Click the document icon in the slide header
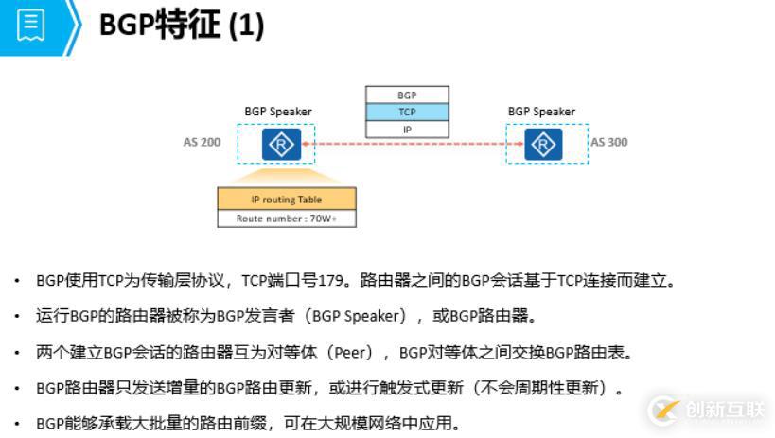[x=30, y=26]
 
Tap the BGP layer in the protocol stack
[x=407, y=96]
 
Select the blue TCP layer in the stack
[x=407, y=112]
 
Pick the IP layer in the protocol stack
[x=407, y=129]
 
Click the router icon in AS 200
[x=282, y=144]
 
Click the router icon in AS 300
[x=543, y=144]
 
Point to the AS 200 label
[x=203, y=143]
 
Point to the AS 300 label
[x=609, y=143]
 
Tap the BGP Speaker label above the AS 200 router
[x=278, y=112]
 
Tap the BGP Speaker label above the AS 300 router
[x=541, y=112]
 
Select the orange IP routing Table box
[x=287, y=200]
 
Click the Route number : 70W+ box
[x=287, y=219]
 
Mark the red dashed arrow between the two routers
[x=413, y=145]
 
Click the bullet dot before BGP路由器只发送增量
[x=16, y=388]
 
